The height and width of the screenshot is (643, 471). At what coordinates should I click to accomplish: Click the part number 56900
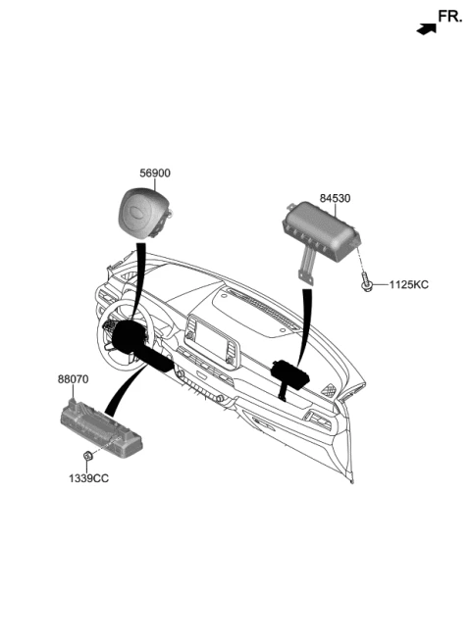pyautogui.click(x=155, y=173)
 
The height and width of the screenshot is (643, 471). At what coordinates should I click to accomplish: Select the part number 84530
pyautogui.click(x=335, y=198)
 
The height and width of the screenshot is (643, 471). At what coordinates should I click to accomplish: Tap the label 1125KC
pyautogui.click(x=408, y=284)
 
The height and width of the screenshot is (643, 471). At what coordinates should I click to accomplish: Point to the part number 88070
pyautogui.click(x=73, y=379)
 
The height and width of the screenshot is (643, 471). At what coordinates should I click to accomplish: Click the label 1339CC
pyautogui.click(x=88, y=478)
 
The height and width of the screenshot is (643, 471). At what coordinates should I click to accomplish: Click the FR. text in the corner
pyautogui.click(x=450, y=17)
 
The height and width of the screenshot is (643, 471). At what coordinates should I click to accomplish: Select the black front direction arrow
pyautogui.click(x=427, y=29)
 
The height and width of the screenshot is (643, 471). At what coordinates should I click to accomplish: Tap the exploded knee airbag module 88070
pyautogui.click(x=101, y=427)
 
